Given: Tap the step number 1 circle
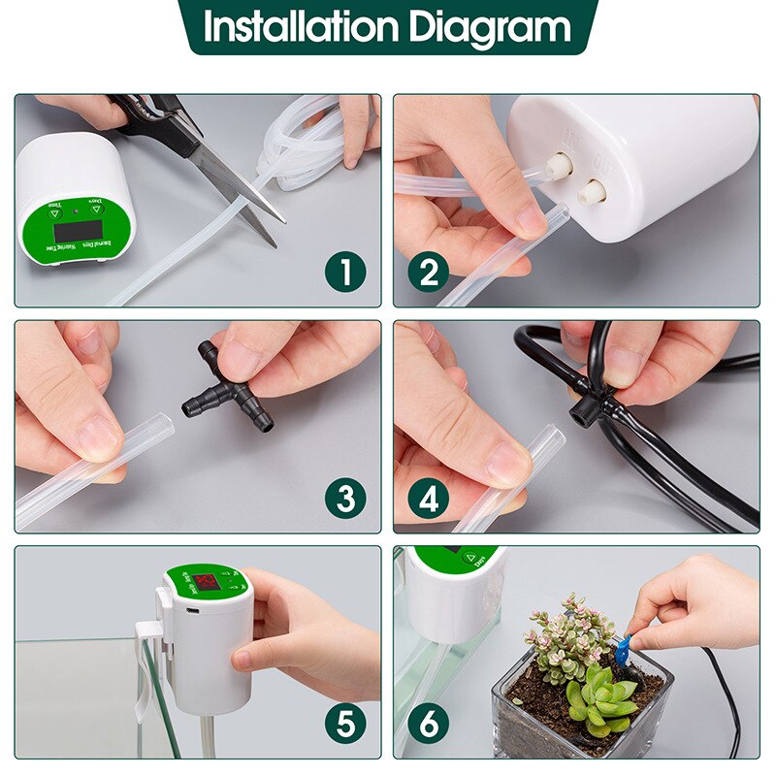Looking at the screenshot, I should pos(345,273).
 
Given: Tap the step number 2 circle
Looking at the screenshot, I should pos(428,273).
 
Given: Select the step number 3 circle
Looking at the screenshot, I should pos(345,498).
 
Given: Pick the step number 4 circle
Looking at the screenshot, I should pos(428,498).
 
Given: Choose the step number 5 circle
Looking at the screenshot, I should pos(345,723).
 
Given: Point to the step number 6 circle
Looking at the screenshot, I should pos(428,723).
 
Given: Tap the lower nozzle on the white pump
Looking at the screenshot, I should pos(591,191).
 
